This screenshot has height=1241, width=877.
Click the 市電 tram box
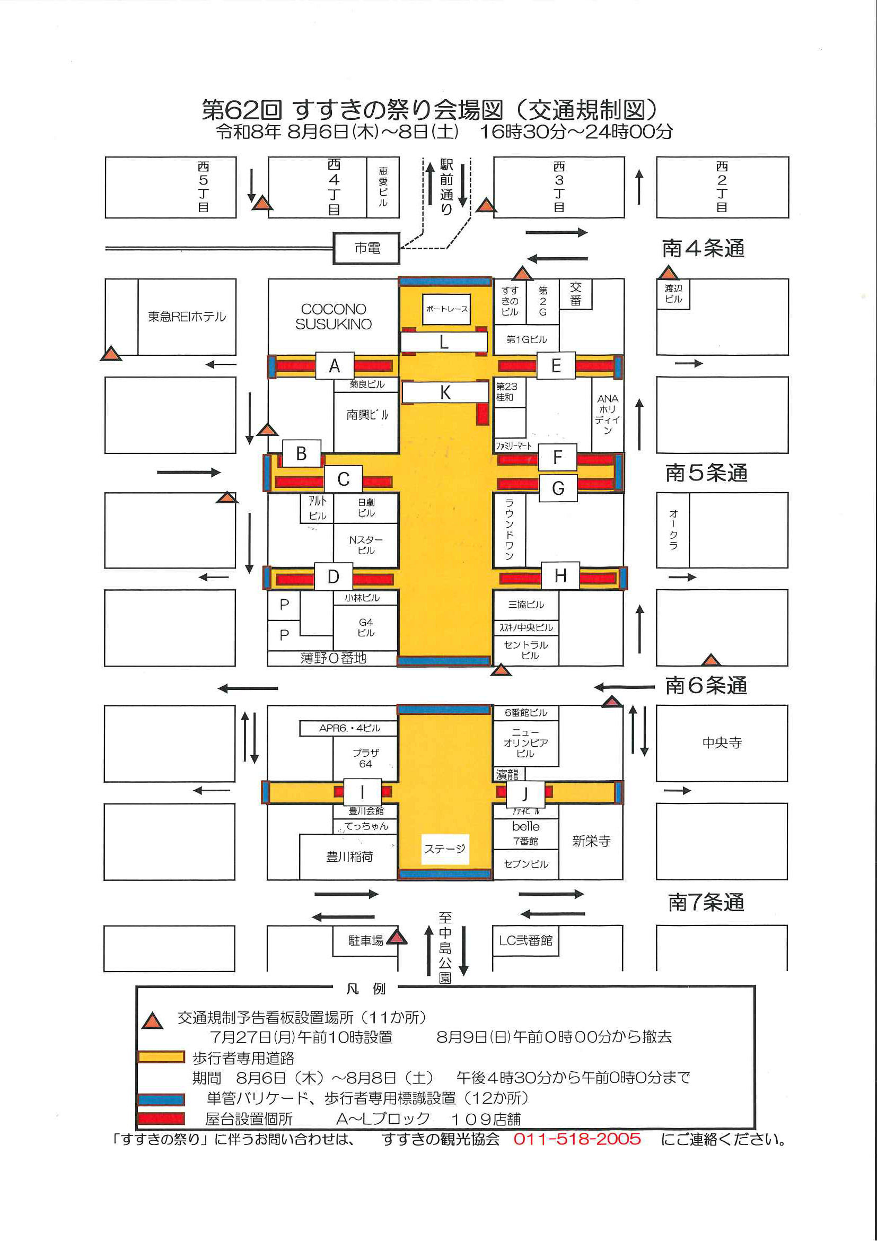point(366,248)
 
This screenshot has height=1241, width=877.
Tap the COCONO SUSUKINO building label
point(334,316)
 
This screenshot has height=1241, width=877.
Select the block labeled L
point(444,342)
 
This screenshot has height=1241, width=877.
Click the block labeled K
point(445,392)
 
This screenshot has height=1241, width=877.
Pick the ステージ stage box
point(445,849)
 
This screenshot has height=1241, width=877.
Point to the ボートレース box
point(446,309)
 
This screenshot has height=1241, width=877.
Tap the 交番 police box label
point(575,294)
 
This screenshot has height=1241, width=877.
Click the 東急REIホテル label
point(187,317)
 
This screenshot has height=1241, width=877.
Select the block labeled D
point(334,576)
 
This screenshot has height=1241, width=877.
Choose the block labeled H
point(560,576)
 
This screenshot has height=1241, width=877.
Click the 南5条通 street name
point(706,473)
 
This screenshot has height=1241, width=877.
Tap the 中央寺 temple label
point(722,742)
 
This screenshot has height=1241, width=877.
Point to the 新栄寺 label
point(591,841)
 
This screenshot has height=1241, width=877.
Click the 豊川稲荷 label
point(349,857)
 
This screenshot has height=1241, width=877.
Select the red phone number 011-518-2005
point(577,1139)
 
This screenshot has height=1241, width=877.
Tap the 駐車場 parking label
point(366,941)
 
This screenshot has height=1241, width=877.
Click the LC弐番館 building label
point(526,940)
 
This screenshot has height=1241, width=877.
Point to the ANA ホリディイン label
point(608,415)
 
